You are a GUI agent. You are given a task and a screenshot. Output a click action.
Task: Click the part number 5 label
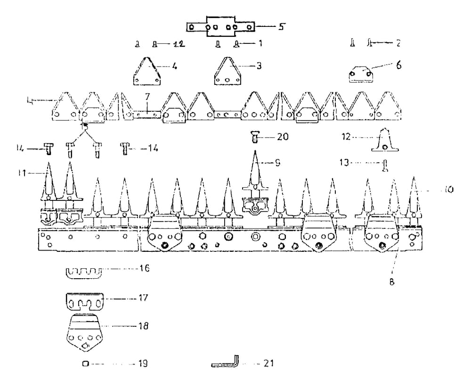281,26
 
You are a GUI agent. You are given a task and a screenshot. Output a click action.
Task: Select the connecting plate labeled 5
221,27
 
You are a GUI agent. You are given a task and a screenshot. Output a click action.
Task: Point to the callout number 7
147,96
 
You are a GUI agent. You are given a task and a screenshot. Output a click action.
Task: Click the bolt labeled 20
255,137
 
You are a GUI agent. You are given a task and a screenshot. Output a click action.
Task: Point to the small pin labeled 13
385,165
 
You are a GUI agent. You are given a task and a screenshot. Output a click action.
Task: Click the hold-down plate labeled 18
85,332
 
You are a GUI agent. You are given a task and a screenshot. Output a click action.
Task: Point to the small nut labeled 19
85,364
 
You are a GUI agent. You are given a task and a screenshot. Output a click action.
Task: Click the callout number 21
268,364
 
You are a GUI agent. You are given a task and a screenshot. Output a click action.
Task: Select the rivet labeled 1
237,44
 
